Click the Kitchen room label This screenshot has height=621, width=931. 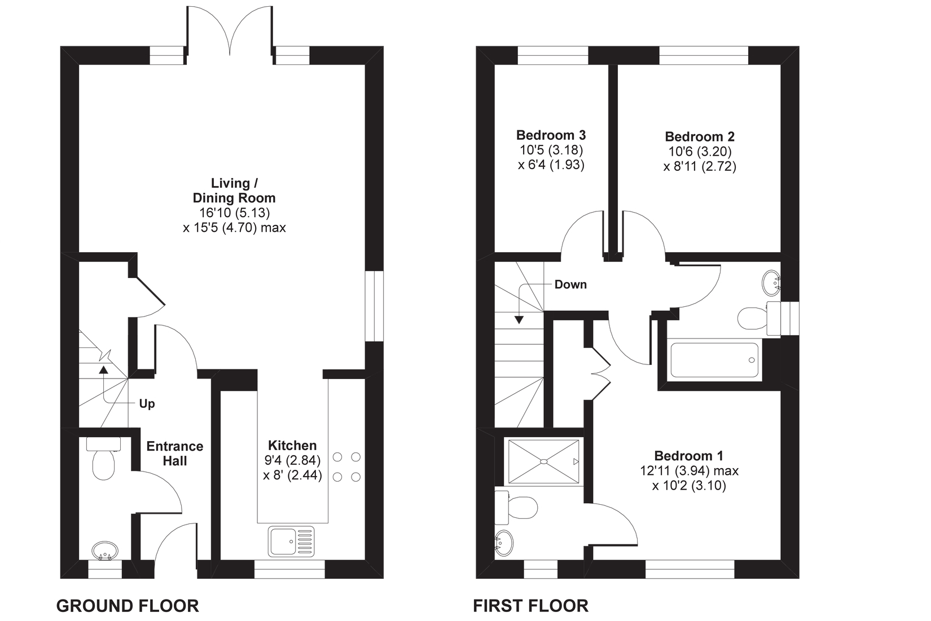[x=292, y=445]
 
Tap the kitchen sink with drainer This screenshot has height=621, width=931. [x=291, y=541]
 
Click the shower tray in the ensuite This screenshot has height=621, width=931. [x=543, y=461]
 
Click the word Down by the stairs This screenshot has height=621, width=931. [x=570, y=284]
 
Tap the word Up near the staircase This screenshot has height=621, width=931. [x=147, y=404]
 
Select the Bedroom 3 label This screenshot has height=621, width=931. [x=551, y=135]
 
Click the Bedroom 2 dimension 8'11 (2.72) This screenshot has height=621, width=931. [x=700, y=166]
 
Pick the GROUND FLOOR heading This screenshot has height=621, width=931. [x=128, y=606]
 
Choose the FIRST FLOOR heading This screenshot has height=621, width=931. [x=530, y=606]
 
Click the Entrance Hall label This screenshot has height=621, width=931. [x=174, y=453]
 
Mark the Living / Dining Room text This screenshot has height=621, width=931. [x=234, y=191]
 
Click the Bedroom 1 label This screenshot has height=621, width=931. [x=688, y=455]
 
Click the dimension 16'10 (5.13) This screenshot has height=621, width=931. [x=234, y=213]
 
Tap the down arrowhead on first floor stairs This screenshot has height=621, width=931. [x=519, y=320]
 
